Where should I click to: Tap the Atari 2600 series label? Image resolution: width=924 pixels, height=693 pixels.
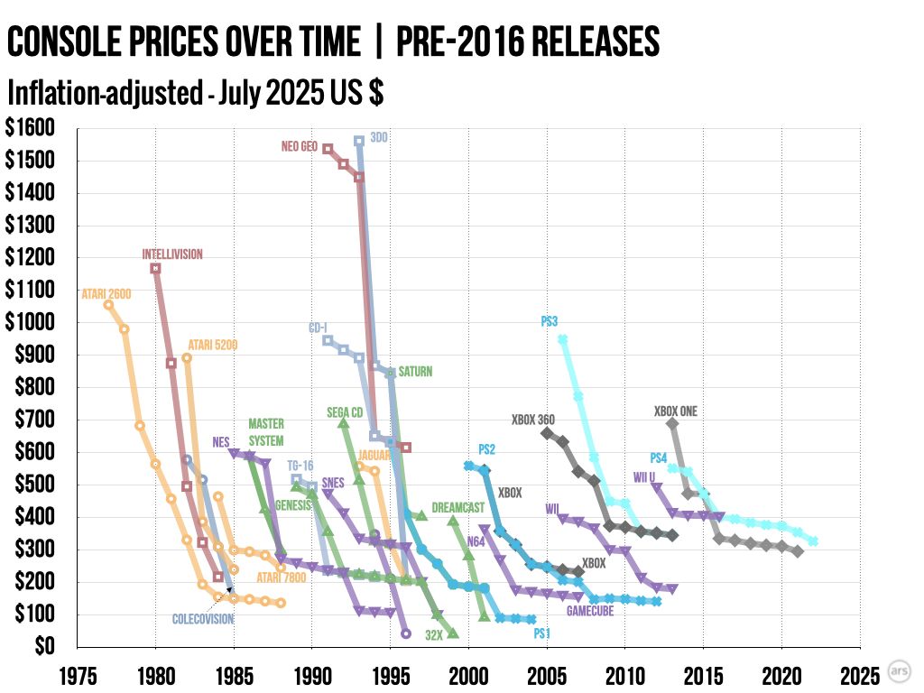click(x=105, y=292)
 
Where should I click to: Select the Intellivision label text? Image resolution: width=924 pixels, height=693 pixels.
click(x=172, y=254)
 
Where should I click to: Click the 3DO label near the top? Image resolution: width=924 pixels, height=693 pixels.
click(x=379, y=138)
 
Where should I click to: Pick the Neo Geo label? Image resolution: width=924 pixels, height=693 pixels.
click(x=300, y=146)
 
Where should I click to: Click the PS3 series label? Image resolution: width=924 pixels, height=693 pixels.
click(x=550, y=321)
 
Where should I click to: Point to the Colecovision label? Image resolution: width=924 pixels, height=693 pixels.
click(x=203, y=620)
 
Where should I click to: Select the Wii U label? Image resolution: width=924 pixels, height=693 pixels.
click(x=643, y=476)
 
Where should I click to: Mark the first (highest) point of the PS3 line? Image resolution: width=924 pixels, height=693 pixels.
click(x=562, y=339)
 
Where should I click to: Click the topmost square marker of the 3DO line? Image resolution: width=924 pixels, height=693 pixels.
click(x=359, y=141)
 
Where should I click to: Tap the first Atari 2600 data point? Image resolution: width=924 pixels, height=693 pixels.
click(x=109, y=305)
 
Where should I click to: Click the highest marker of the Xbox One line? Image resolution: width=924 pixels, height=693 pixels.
click(x=672, y=423)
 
